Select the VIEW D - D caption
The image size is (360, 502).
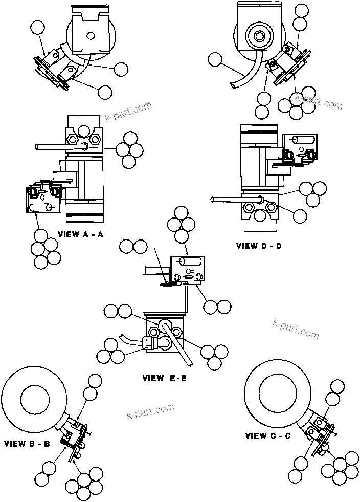pos(259,246)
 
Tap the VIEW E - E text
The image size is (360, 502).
pos(164,379)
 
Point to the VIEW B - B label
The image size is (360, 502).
pos(27,444)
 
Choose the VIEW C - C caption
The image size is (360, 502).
pos(268,436)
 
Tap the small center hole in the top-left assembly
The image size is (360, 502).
pos(90,35)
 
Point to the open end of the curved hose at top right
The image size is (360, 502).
pos(233,86)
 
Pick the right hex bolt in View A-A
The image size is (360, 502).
pos(95,139)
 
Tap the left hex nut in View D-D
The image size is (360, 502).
pos(249,207)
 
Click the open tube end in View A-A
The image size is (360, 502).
pos(37,147)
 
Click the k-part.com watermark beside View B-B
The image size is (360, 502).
pos(150,411)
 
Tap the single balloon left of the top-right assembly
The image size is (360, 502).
pos(215,61)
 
